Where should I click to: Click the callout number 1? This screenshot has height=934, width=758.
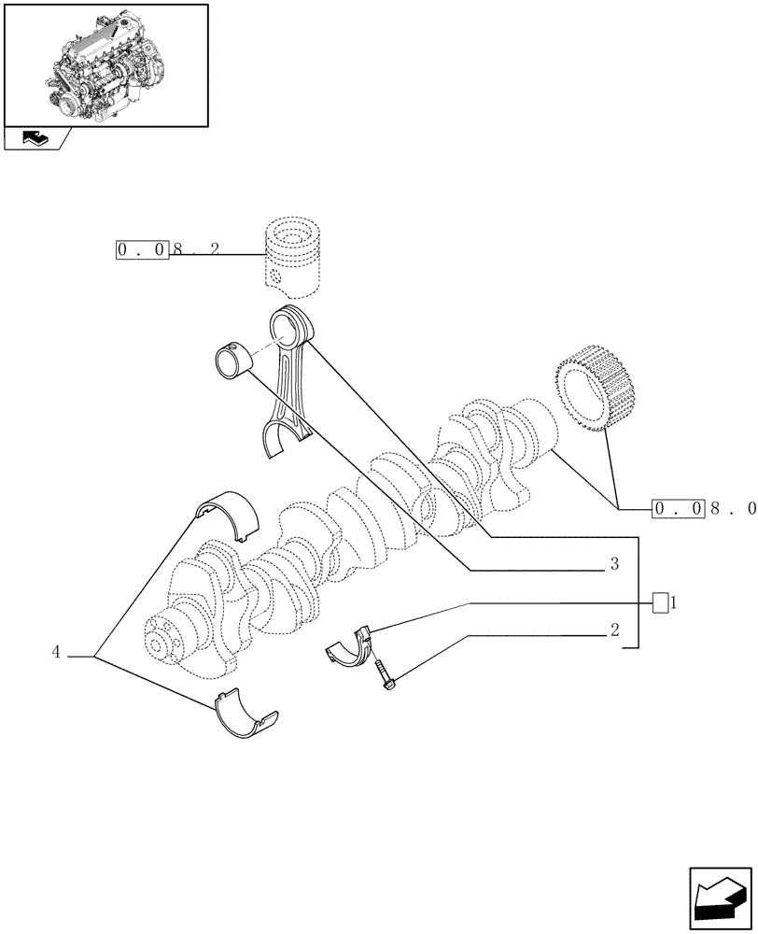pyautogui.click(x=673, y=603)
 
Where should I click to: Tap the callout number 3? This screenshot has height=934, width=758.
pyautogui.click(x=614, y=564)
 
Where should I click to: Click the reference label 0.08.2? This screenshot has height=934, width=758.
pyautogui.click(x=168, y=250)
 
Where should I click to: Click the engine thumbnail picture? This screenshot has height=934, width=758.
pyautogui.click(x=105, y=64)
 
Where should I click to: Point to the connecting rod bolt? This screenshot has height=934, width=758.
pyautogui.click(x=386, y=677)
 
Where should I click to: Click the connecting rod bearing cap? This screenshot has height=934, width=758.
pyautogui.click(x=349, y=645)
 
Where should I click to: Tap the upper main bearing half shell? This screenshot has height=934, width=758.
pyautogui.click(x=229, y=515)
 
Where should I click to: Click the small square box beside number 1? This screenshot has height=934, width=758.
pyautogui.click(x=660, y=603)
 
